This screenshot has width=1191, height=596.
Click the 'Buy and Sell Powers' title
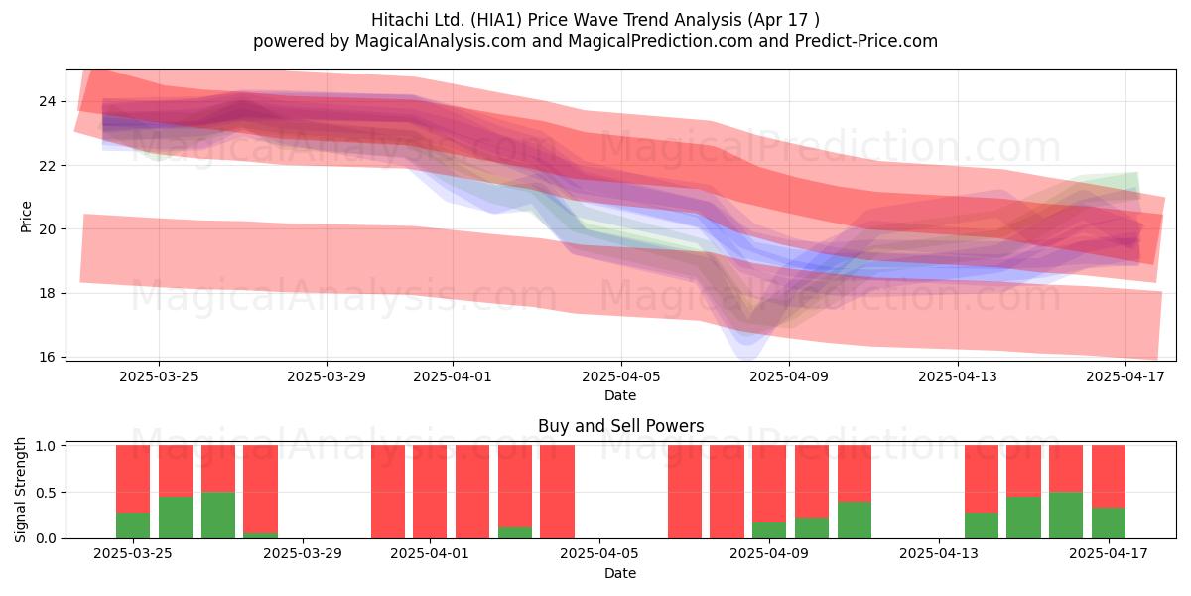tap(620, 426)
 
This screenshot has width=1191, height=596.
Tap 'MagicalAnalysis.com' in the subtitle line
tap(441, 41)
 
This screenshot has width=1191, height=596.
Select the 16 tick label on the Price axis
tap(47, 357)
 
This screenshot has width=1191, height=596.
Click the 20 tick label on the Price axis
tap(47, 229)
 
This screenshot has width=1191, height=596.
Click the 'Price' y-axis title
tap(26, 217)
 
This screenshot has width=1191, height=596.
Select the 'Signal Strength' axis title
tap(20, 490)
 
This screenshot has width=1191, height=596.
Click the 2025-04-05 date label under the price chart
tap(620, 376)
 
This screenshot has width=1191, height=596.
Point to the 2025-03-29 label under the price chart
tap(327, 376)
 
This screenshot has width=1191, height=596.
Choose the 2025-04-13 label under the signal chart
tap(939, 554)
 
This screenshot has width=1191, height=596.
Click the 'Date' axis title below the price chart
tap(620, 395)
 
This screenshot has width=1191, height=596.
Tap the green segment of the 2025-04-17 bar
tap(1108, 523)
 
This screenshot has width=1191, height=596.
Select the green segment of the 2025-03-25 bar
tap(133, 525)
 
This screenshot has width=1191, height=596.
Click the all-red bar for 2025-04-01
tap(430, 492)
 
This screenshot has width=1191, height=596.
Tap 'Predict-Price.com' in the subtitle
tap(866, 41)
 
